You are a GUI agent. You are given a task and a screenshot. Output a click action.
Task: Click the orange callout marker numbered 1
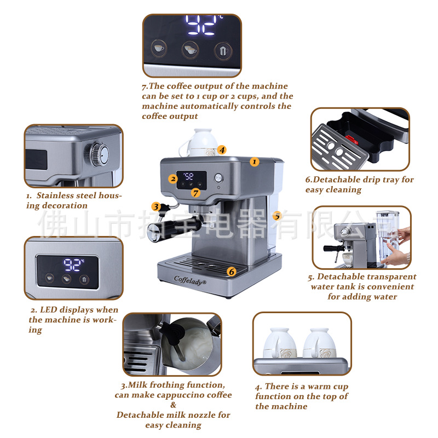254,162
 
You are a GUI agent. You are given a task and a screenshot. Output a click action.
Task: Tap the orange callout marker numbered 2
173,179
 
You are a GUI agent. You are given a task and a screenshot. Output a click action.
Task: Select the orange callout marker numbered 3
156,207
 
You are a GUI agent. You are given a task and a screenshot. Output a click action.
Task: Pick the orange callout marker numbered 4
222,150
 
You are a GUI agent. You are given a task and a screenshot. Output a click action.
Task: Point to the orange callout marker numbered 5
277,216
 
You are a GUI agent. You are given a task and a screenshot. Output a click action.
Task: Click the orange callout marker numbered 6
231,272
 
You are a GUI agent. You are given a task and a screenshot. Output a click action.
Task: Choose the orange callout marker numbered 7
195,193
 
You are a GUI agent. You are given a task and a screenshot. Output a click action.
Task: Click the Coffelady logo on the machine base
190,280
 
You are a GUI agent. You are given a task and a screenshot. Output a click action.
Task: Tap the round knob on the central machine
218,177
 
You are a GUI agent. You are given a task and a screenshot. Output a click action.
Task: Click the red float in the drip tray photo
351,139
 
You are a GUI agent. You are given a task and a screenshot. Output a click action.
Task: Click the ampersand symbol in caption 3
173,405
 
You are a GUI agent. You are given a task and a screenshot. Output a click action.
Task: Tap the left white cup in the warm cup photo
280,343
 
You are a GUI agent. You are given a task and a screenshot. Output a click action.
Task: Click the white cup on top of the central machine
199,142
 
